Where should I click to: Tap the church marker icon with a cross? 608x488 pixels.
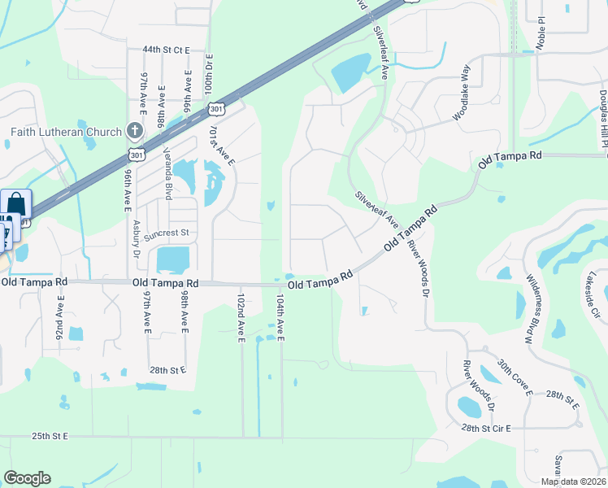coord(136,131)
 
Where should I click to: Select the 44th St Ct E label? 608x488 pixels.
coord(166,50)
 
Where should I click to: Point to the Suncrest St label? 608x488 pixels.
coord(166,233)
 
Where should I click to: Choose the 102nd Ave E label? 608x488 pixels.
coord(242,319)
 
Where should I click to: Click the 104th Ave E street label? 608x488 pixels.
coord(280,319)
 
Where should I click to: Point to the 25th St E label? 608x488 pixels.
coord(51,437)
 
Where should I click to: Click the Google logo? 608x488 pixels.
coord(27,478)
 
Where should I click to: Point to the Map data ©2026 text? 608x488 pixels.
coord(572,481)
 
